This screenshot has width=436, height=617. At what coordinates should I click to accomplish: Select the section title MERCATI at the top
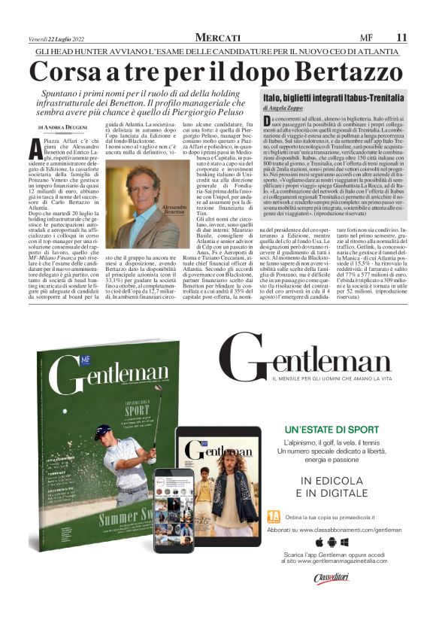click(x=218, y=37)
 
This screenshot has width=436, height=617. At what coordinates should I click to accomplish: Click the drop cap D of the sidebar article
click(x=269, y=123)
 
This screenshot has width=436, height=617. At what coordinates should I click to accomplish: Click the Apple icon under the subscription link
click(x=319, y=542)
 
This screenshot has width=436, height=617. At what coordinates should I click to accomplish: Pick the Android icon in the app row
click(x=332, y=542)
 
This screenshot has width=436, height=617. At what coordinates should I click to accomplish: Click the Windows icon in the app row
click(x=344, y=542)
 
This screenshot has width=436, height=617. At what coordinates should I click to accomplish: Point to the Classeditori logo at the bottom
click(x=332, y=579)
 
